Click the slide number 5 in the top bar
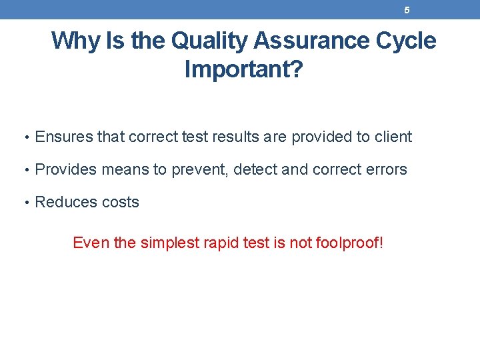(x=407, y=10)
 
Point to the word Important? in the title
(x=243, y=69)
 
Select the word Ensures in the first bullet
(x=64, y=137)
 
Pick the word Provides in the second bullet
(x=65, y=170)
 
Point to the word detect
(x=256, y=170)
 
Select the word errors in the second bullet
(x=385, y=170)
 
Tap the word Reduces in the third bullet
(x=64, y=203)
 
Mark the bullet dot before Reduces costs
(x=25, y=203)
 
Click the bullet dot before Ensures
(x=25, y=138)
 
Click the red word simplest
(x=170, y=243)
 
